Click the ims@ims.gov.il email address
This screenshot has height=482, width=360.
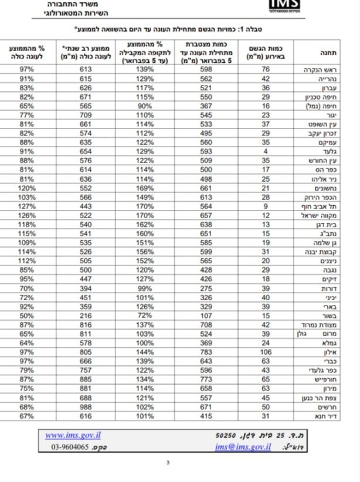(243, 446)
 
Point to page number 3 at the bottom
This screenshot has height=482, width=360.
(168, 462)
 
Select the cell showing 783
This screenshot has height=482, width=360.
(206, 352)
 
